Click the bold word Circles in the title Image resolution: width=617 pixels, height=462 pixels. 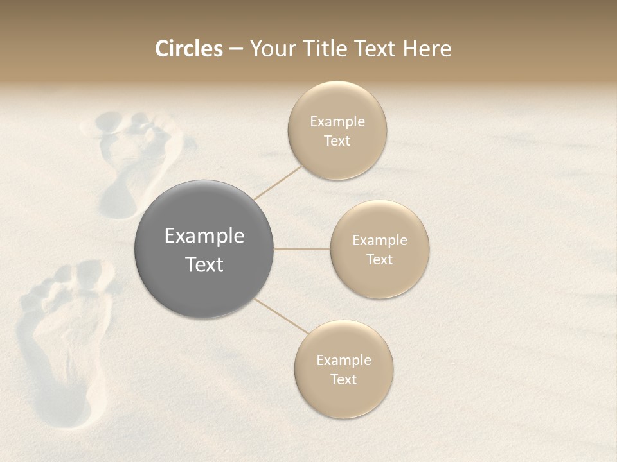(x=188, y=49)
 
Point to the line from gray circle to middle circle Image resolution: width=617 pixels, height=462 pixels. (x=302, y=249)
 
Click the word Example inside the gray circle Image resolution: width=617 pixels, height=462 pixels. (x=204, y=236)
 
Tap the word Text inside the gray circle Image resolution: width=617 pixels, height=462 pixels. (x=204, y=264)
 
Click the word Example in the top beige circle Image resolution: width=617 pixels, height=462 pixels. (x=337, y=122)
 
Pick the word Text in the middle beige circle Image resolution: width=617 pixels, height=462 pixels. (x=379, y=260)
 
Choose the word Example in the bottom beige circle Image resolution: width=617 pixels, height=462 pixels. (x=343, y=361)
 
